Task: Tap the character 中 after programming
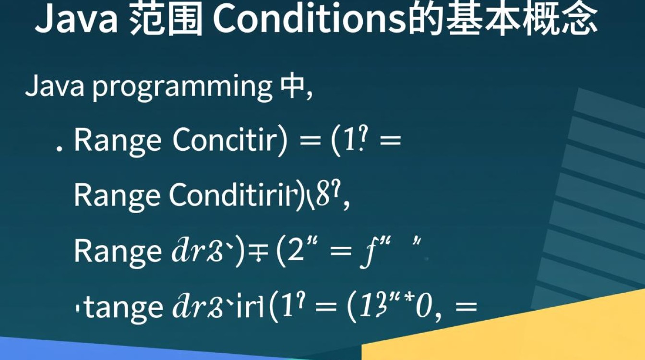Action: [291, 87]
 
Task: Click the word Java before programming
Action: [55, 86]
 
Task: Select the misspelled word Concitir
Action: [225, 141]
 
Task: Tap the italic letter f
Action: [372, 252]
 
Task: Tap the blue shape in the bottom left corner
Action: [96, 350]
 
